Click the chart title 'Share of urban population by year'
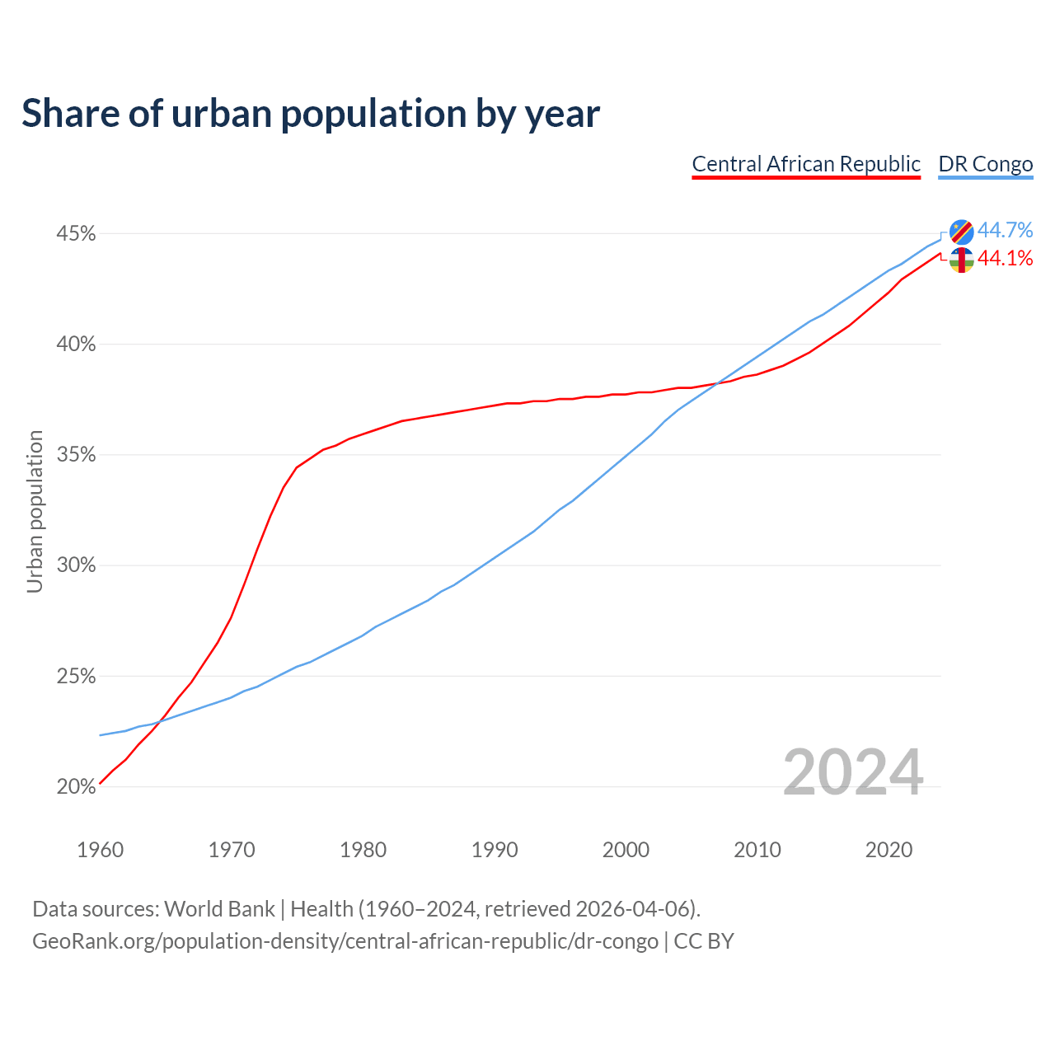311,114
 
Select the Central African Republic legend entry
806,164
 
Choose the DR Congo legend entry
986,164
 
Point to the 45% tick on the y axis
76,234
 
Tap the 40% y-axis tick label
76,345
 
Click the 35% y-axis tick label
76,455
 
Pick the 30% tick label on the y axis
76,565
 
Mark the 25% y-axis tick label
76,677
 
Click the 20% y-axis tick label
76,787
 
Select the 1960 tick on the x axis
101,850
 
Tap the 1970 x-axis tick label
232,850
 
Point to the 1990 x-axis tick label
495,850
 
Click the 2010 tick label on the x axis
757,850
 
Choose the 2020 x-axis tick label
889,850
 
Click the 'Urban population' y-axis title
35,511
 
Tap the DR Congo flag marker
961,232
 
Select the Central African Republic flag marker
961,260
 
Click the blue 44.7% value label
1006,230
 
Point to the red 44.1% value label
1006,259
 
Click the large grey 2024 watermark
853,772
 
